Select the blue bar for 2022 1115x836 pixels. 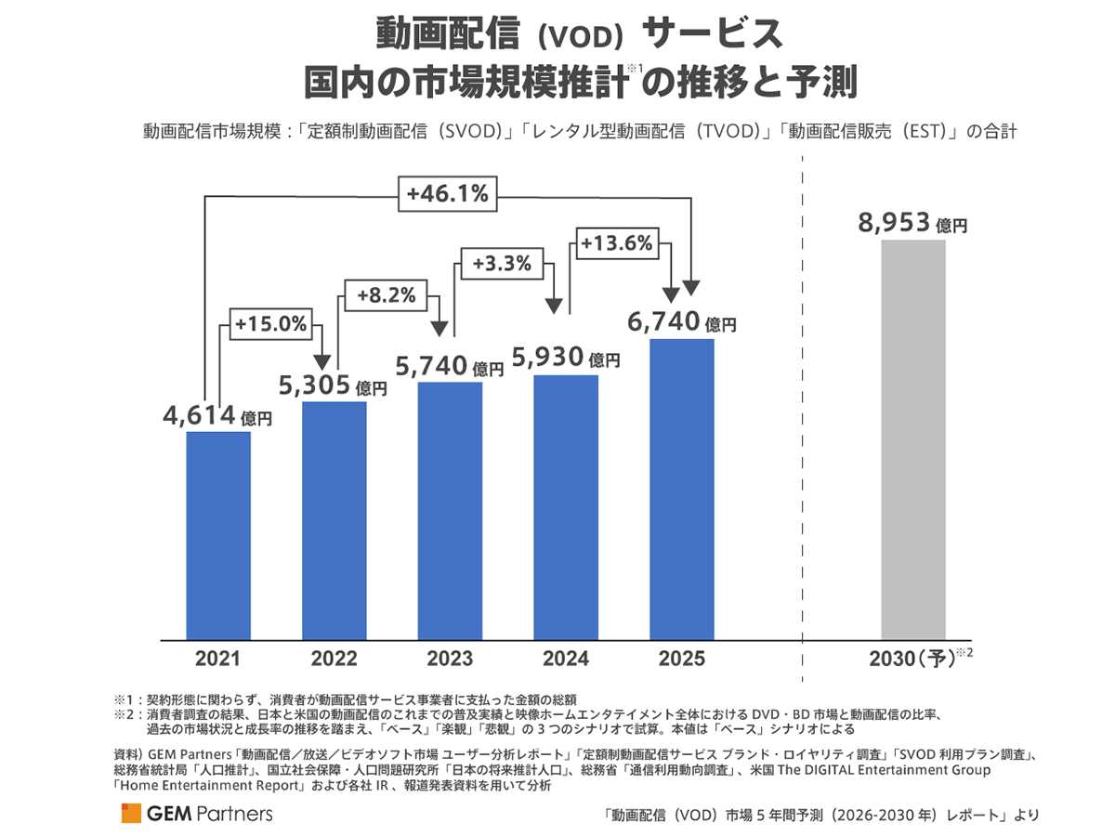click(x=334, y=520)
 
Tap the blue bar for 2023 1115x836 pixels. click(x=450, y=510)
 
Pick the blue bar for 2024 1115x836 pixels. click(x=566, y=507)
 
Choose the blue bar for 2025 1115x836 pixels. click(x=682, y=489)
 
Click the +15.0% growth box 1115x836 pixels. click(x=270, y=325)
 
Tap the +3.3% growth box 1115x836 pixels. click(x=502, y=264)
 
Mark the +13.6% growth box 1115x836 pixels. click(x=617, y=243)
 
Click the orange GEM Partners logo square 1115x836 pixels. click(x=130, y=814)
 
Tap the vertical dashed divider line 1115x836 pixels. click(x=802, y=418)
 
